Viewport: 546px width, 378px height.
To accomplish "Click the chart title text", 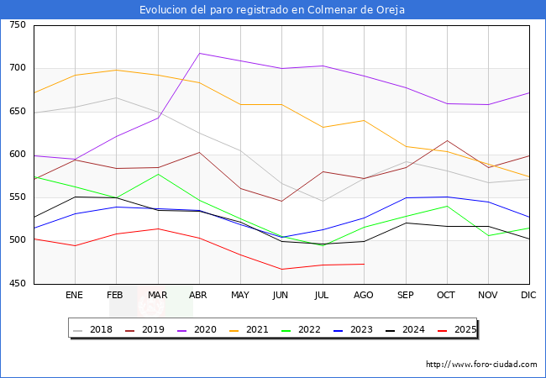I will point(272,10).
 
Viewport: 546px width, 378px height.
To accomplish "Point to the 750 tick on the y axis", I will point(17,25).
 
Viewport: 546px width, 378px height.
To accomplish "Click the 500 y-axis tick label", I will point(17,240).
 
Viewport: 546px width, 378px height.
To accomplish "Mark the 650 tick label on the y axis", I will point(17,112).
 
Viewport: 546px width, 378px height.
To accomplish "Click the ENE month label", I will point(74,295).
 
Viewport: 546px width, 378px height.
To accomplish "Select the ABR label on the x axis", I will point(198,295).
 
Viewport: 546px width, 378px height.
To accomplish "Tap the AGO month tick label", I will point(364,295).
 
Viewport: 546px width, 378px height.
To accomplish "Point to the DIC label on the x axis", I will point(528,295).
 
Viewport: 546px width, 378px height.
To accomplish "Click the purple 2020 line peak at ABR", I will point(199,53).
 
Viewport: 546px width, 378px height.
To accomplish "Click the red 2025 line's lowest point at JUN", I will point(281,270).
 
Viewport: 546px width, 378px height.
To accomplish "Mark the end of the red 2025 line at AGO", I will point(364,264).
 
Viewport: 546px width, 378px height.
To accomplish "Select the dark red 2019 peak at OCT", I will point(447,141).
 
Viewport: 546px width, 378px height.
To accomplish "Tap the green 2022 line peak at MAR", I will point(158,174).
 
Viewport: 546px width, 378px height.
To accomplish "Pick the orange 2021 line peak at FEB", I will point(116,70).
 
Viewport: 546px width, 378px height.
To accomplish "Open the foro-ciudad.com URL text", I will point(481,365).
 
